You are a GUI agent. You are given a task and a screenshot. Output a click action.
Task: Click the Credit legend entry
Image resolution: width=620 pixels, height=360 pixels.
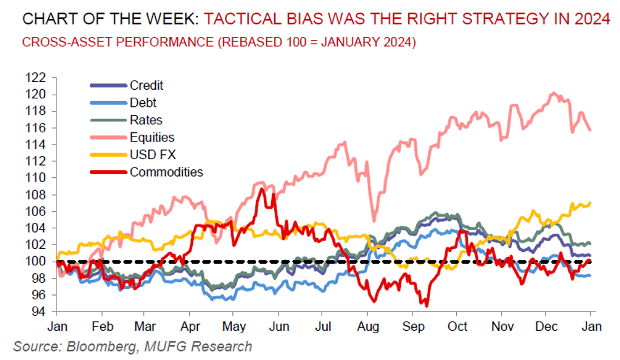[146, 86]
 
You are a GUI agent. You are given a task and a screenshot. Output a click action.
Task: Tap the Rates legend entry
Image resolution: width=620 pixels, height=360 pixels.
[146, 120]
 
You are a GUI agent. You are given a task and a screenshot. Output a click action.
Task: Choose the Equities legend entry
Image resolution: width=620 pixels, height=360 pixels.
[152, 137]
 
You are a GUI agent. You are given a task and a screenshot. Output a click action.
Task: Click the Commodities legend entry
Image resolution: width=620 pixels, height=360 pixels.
[166, 172]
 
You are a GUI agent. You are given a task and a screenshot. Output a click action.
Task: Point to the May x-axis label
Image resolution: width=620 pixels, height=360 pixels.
[234, 327]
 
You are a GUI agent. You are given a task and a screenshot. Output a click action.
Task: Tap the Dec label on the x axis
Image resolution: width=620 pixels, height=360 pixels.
[546, 327]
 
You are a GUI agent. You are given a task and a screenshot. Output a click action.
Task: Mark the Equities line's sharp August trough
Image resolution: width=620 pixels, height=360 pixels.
[374, 221]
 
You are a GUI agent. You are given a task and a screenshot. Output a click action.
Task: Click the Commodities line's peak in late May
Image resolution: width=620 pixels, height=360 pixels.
[261, 189]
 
